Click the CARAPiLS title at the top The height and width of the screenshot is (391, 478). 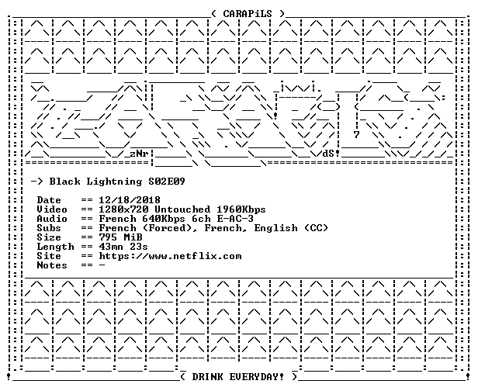(248, 14)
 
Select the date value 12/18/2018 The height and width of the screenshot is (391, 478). (130, 200)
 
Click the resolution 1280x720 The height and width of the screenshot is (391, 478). (124, 209)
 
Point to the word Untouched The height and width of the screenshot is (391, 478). (182, 209)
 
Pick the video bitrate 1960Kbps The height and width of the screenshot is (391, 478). (241, 209)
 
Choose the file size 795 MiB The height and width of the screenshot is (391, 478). (121, 237)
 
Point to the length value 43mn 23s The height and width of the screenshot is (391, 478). (123, 247)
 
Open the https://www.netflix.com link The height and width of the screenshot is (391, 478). (170, 256)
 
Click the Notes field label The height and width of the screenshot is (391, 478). (52, 265)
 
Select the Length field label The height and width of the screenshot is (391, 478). (55, 247)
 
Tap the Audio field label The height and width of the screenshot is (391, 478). (52, 219)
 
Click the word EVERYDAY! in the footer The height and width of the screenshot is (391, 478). (256, 377)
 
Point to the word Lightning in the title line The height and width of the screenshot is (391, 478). (114, 182)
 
